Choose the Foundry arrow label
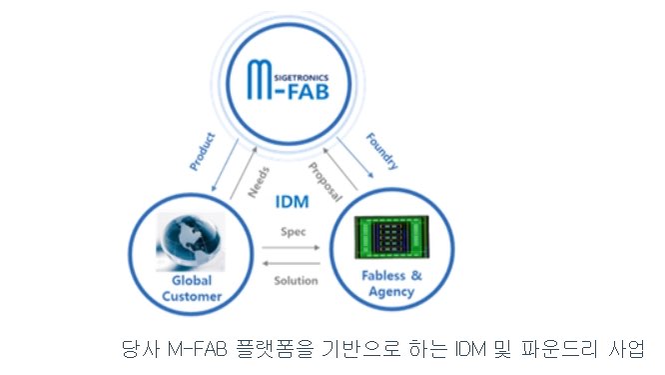pyautogui.click(x=381, y=149)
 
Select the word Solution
pyautogui.click(x=296, y=280)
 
